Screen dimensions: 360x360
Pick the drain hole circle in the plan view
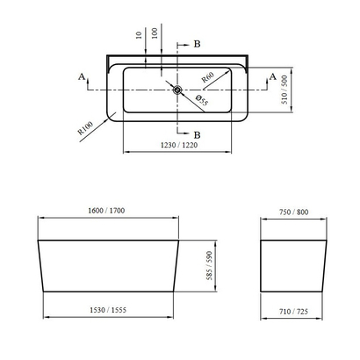click(x=177, y=89)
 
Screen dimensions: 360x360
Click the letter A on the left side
click(x=81, y=77)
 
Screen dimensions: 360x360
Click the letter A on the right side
click(x=273, y=77)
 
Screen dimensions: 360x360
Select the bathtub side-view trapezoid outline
click(x=112, y=263)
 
